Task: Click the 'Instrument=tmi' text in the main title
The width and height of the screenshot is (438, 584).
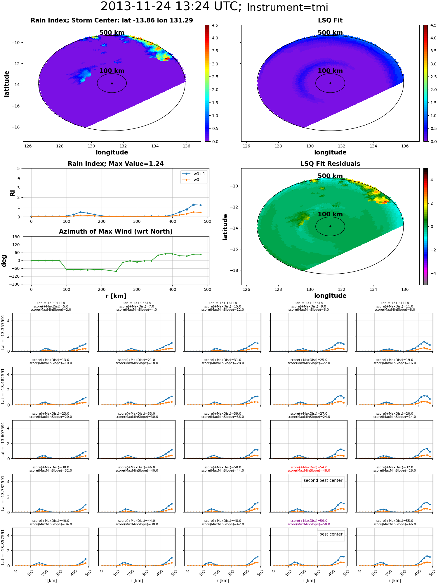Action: coord(287,7)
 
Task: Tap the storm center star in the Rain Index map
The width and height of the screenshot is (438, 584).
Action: coord(112,83)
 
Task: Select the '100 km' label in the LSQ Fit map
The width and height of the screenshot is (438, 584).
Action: coord(330,71)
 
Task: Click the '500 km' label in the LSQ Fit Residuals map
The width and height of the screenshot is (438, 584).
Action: coord(330,176)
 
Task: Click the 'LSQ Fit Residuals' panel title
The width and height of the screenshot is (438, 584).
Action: coord(330,164)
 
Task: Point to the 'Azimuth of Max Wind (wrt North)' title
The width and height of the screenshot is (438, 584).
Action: coord(116,232)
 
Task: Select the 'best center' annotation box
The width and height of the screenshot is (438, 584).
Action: coord(331,534)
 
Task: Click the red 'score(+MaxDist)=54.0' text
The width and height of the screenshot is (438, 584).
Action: coord(309,467)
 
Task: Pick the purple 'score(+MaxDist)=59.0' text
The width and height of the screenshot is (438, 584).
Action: coord(309,521)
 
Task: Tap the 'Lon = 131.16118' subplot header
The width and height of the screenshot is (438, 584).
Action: coord(223,303)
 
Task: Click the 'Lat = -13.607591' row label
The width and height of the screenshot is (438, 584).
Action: coord(3,439)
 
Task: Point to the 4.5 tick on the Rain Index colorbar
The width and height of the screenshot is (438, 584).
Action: coord(215,25)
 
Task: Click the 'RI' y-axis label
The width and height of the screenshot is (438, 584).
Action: coord(13,193)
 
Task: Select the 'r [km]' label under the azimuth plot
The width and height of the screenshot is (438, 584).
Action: coord(116,296)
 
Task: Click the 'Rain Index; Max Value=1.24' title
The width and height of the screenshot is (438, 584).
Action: coord(116,164)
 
